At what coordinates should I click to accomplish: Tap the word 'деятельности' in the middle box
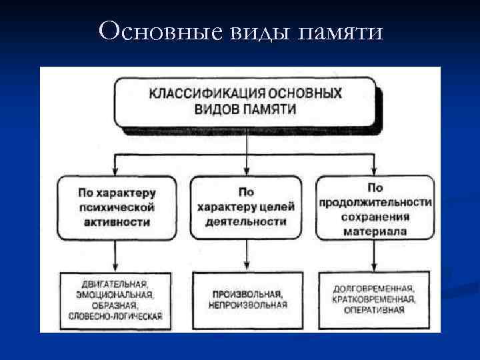(247, 221)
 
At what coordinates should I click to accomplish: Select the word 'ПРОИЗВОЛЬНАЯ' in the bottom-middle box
(247, 294)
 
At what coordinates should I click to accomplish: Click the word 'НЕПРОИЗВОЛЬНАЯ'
(247, 305)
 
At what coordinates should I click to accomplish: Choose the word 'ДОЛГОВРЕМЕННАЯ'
(375, 289)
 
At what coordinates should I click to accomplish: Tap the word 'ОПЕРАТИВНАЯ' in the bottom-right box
(375, 310)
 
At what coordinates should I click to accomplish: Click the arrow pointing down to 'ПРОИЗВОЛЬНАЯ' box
(247, 257)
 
